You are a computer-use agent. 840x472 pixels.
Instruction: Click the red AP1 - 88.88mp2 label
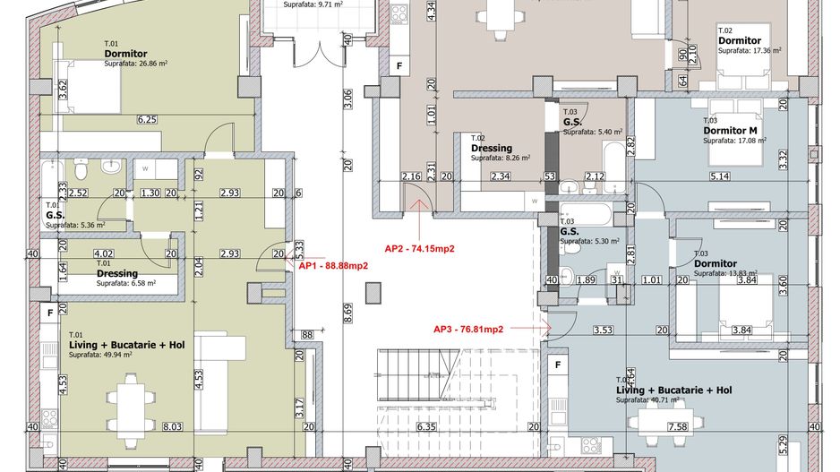334,266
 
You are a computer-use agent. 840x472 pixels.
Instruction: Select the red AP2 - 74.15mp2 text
421,248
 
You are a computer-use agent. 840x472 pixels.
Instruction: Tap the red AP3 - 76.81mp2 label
469,329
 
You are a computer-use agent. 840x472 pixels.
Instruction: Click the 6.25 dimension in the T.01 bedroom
147,119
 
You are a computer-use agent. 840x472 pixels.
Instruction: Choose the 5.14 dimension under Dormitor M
719,176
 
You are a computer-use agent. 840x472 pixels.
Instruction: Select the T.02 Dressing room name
491,148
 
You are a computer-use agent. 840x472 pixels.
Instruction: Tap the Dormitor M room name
732,130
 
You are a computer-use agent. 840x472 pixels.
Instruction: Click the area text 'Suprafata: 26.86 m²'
136,64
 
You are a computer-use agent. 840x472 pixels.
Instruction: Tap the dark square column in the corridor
373,292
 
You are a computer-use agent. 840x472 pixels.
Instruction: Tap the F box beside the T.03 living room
558,365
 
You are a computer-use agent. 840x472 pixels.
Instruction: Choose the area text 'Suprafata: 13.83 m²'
725,273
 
